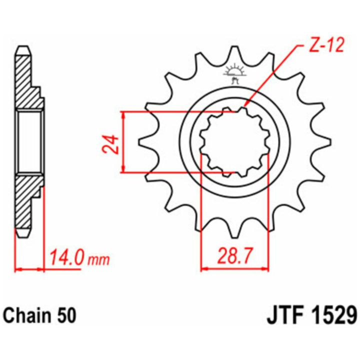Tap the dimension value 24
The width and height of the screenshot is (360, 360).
coord(110,144)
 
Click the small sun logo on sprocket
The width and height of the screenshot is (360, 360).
coord(234,73)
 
